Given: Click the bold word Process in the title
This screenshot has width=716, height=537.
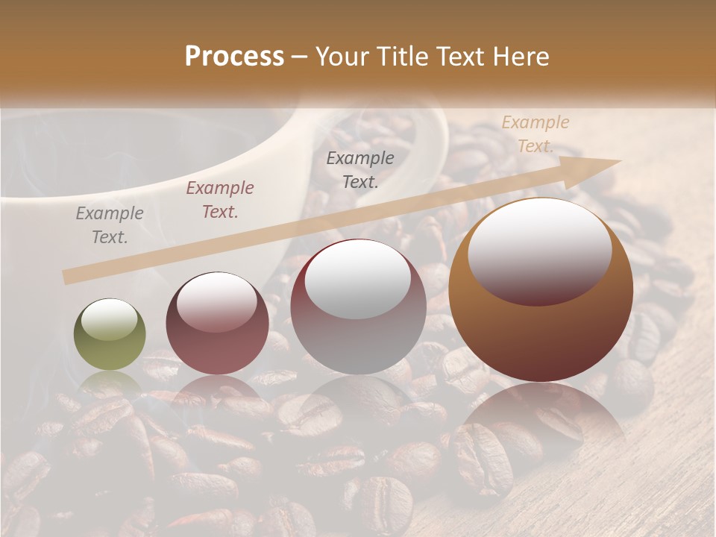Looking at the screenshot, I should [234, 57].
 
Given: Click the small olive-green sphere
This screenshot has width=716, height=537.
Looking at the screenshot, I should [110, 335].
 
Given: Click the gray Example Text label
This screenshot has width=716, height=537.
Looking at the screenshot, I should [110, 225].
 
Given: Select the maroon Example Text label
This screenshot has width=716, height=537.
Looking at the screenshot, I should [220, 200].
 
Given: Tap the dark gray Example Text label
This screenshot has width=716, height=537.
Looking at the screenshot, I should [360, 170].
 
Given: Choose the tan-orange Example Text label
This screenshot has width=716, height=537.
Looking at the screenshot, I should [535, 134].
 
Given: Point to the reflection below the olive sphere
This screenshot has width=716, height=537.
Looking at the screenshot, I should [110, 384].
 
